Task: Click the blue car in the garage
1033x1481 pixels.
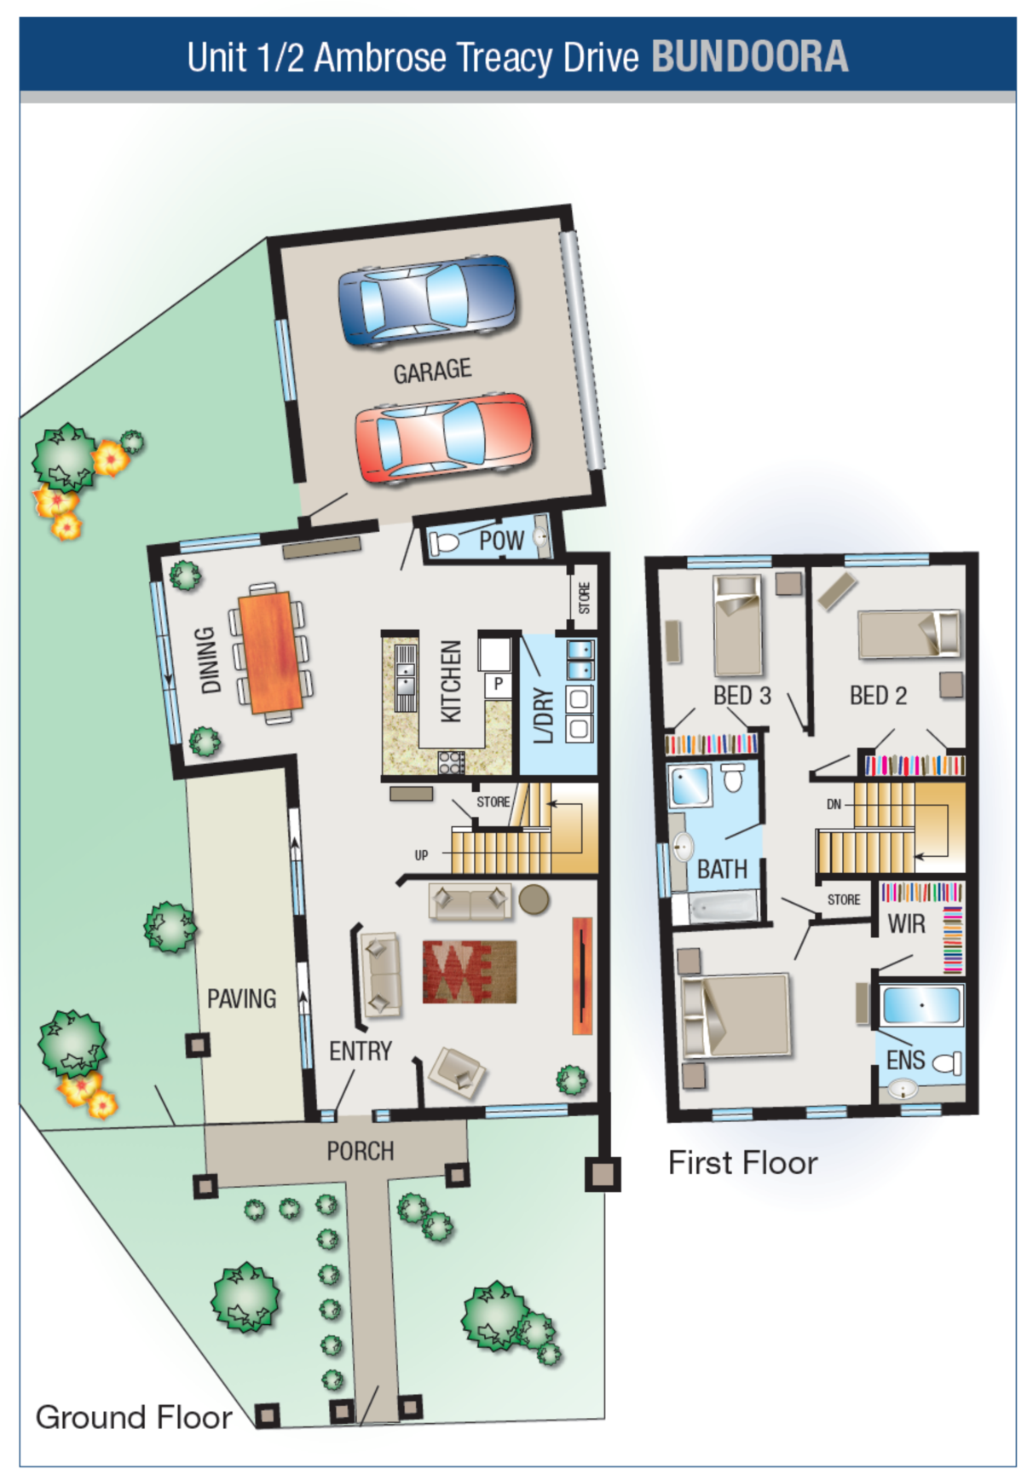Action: point(428,300)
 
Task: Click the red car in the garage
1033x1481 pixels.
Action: point(445,438)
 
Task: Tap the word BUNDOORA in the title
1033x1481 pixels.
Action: point(750,57)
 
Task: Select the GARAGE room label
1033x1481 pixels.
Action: point(432,371)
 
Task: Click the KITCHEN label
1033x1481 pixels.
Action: point(451,681)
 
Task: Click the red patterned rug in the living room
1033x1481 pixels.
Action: point(470,971)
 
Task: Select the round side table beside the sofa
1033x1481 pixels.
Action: point(534,900)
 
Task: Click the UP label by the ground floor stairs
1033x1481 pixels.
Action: point(421,855)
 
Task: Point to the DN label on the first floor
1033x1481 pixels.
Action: point(834,804)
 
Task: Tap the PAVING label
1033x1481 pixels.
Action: point(242,998)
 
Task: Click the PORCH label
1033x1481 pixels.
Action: point(361,1151)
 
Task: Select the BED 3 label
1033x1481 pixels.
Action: point(742,696)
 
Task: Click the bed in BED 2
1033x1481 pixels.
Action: point(909,633)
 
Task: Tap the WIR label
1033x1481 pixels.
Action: point(906,923)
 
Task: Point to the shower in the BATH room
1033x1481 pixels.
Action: point(691,785)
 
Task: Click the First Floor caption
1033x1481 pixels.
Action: point(742,1163)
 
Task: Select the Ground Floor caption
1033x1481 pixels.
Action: point(134,1417)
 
